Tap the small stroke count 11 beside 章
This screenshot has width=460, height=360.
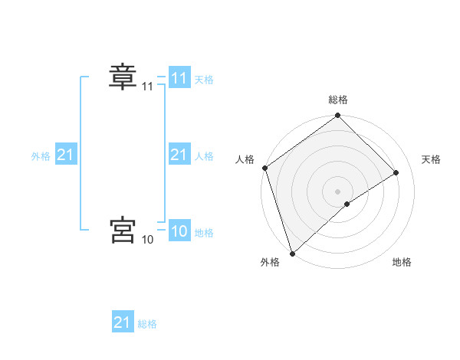point(147,87)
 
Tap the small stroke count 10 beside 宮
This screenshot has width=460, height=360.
point(147,240)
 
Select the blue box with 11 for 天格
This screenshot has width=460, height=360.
point(179,78)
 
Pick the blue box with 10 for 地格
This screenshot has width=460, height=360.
point(179,231)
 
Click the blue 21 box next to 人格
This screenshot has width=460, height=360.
point(179,155)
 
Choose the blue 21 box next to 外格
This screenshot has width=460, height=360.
point(66,155)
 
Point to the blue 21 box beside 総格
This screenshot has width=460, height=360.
point(123,322)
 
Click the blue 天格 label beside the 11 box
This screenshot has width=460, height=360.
point(204,79)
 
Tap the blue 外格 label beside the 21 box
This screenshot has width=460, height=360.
point(41,155)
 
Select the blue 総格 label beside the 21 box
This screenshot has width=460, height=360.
point(147,323)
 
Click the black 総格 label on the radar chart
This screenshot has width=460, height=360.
point(338,100)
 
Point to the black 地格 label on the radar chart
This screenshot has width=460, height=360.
point(402,262)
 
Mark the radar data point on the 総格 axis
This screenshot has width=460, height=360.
point(338,116)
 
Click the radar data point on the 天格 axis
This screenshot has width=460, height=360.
point(396,173)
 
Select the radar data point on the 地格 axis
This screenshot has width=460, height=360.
point(347,204)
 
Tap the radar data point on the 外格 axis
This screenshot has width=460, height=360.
point(292,253)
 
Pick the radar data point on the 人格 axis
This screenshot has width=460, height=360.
point(264,169)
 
